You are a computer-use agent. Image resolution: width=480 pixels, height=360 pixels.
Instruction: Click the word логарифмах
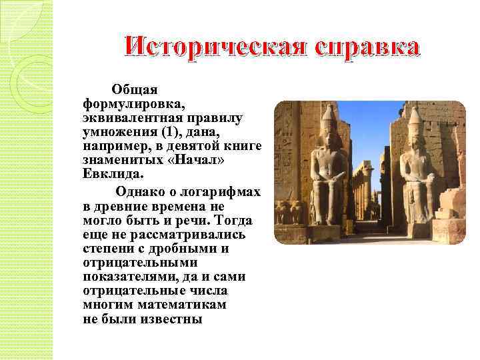point(223,192)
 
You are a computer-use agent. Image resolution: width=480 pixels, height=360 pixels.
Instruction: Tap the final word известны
point(170,319)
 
